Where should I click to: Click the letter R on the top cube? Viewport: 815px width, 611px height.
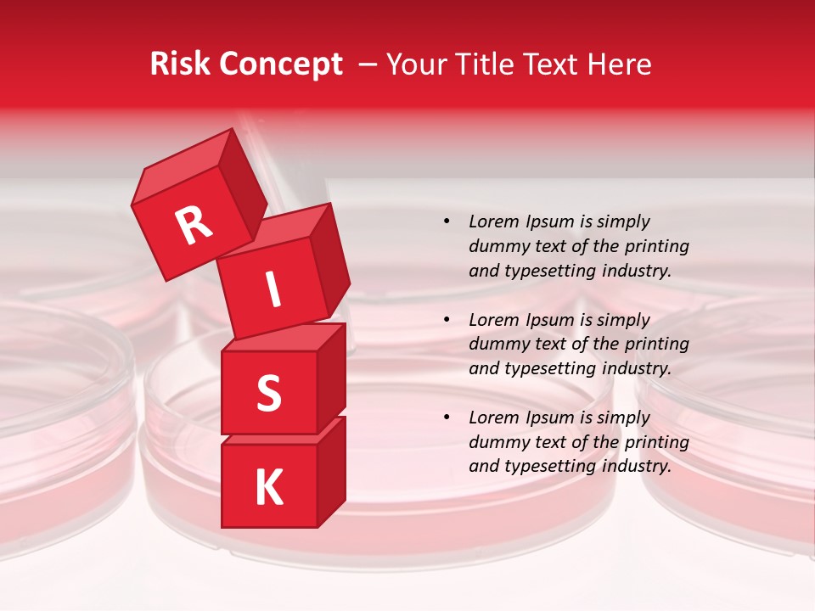(x=194, y=226)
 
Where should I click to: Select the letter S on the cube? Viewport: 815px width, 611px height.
(x=268, y=393)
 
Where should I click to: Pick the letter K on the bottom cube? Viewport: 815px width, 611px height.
(x=268, y=488)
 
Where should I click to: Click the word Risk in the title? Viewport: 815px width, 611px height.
(x=179, y=64)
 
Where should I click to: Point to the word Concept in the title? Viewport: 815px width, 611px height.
(x=280, y=65)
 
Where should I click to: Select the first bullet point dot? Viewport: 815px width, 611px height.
(x=447, y=221)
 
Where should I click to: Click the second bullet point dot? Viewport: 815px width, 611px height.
(x=447, y=320)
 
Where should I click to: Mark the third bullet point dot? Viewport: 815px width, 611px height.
(x=447, y=418)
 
